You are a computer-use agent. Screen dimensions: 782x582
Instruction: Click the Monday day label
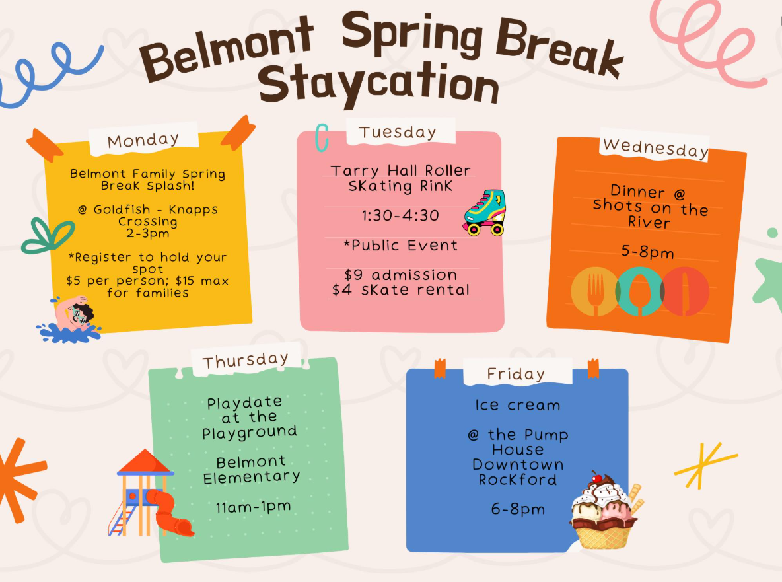coord(143,141)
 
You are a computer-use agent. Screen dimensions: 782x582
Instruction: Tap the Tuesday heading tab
coord(398,132)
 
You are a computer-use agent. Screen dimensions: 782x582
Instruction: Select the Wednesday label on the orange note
coord(655,148)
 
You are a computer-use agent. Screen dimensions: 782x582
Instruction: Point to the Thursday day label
coord(246,360)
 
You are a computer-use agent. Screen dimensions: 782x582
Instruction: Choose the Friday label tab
coord(516,374)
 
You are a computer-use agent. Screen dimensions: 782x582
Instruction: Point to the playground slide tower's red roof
coord(145,461)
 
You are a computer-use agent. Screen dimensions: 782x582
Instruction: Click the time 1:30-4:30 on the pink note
coord(400,215)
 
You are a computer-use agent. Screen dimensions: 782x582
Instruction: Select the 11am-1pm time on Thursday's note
coord(253,507)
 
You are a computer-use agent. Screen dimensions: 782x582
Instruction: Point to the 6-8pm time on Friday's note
coord(518,509)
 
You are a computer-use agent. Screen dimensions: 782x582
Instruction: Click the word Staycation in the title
coord(379,85)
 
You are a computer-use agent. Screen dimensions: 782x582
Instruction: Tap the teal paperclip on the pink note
coord(322,137)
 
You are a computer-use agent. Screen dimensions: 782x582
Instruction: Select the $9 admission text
coord(400,275)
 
